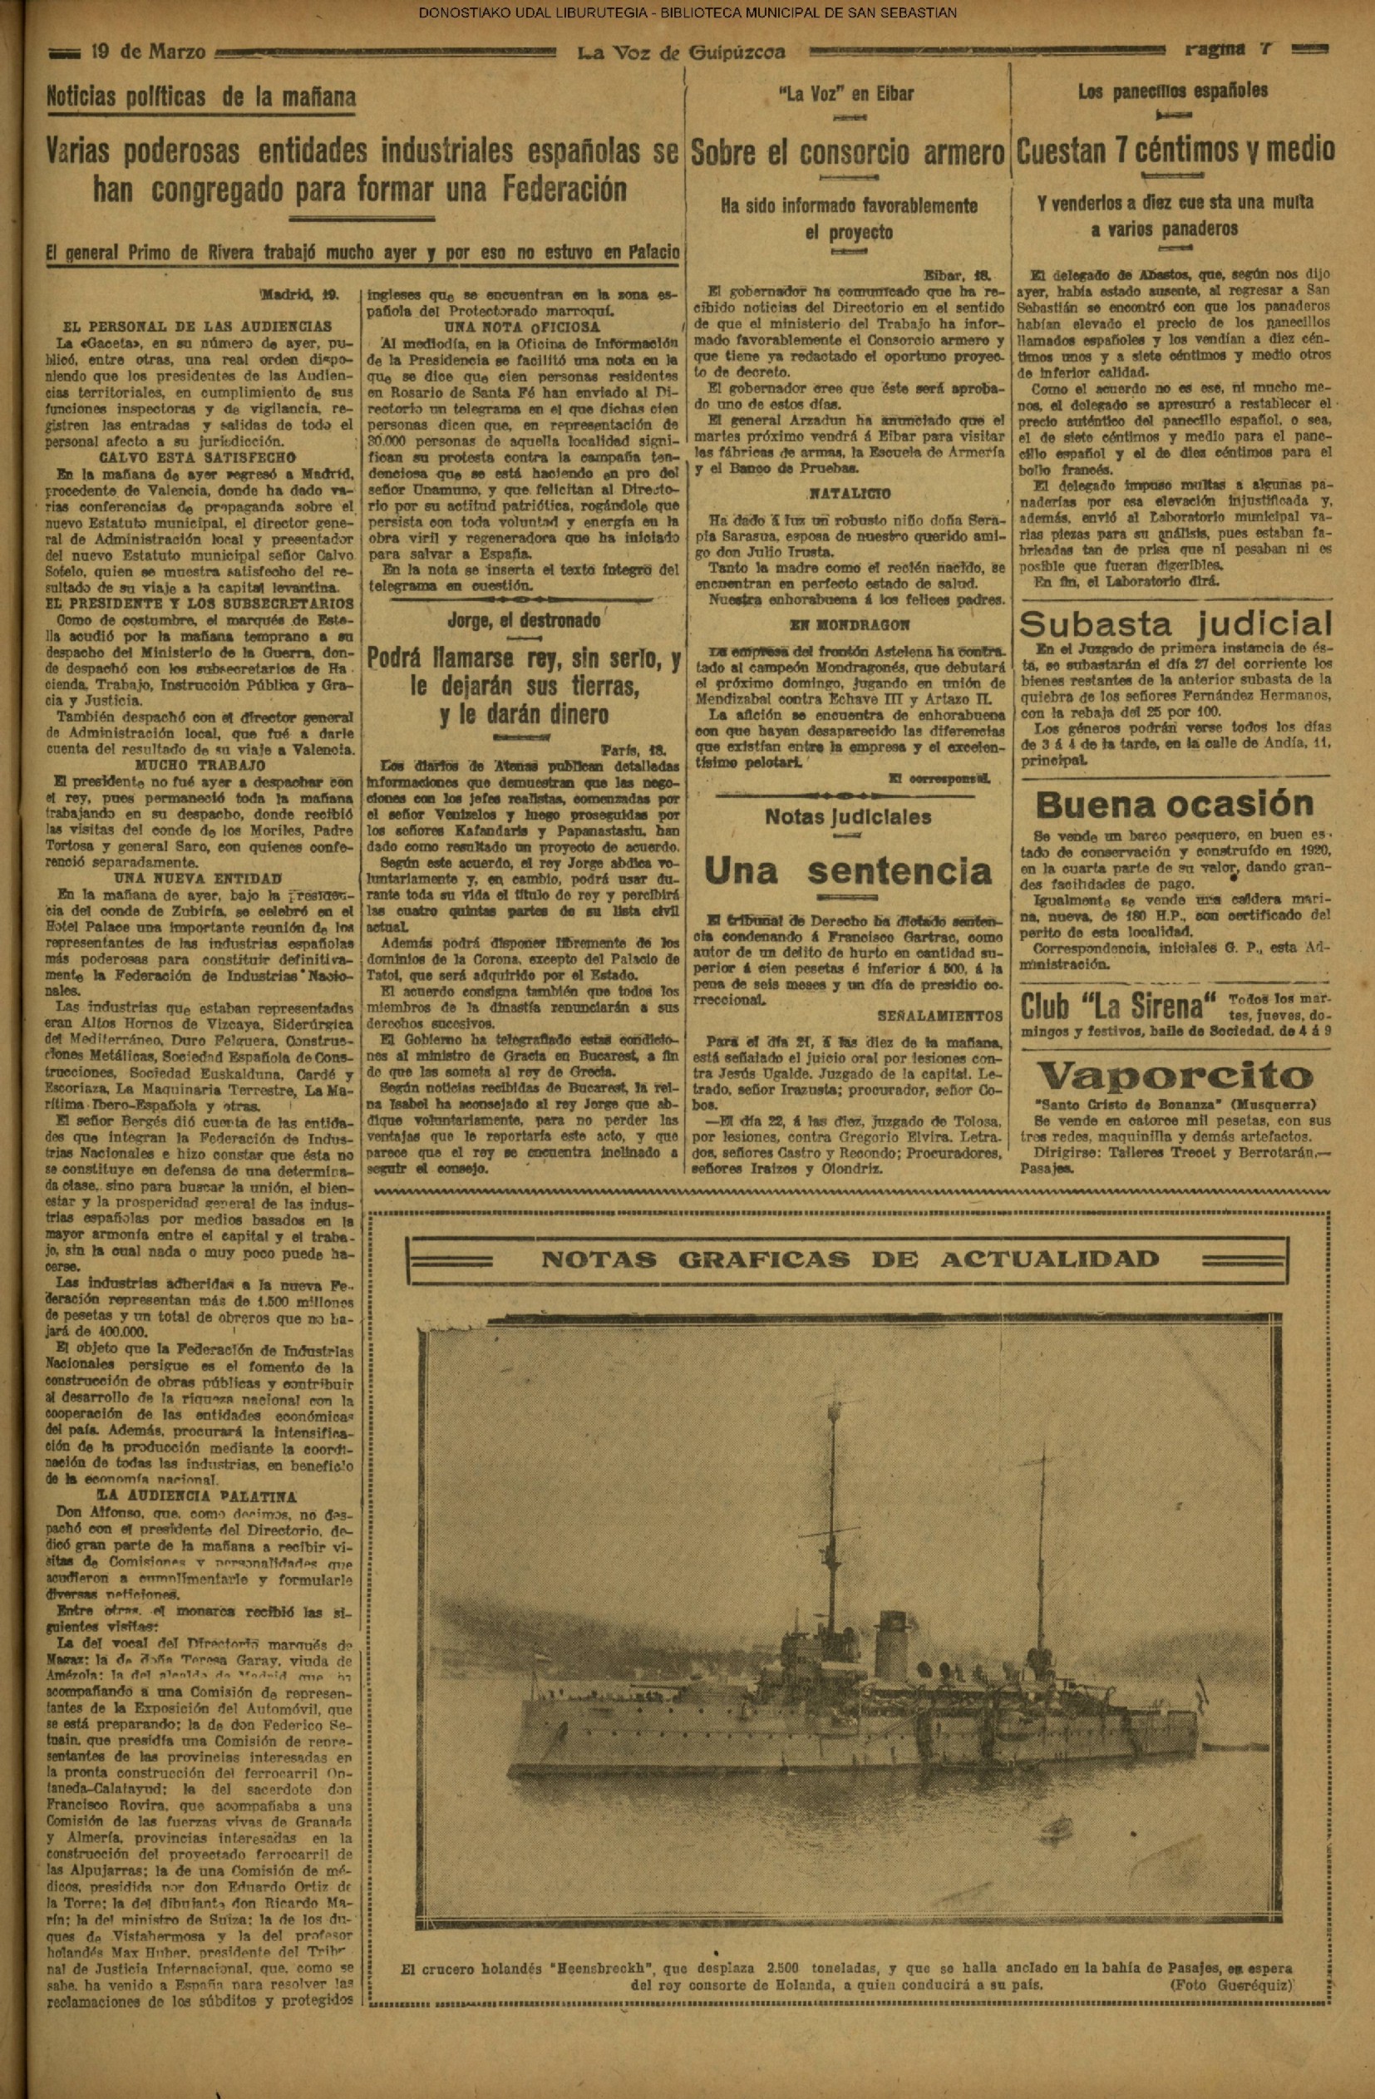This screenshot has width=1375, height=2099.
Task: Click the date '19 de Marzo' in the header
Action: (x=148, y=52)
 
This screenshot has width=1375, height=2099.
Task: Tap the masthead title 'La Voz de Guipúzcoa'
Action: (x=681, y=52)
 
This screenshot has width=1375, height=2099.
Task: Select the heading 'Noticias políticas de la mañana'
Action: (x=201, y=96)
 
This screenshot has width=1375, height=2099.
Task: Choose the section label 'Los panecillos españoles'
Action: (x=1173, y=91)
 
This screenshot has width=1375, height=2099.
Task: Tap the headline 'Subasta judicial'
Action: (x=1175, y=624)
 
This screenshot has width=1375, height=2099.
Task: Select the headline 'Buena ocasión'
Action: (x=1174, y=805)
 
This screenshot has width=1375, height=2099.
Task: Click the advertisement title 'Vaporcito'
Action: (x=1174, y=1076)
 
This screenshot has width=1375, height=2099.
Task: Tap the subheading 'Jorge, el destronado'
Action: (x=524, y=621)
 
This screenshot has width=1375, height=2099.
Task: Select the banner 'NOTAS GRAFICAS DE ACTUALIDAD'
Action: (x=850, y=1259)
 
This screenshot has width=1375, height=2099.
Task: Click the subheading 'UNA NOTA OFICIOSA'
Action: (x=524, y=328)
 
